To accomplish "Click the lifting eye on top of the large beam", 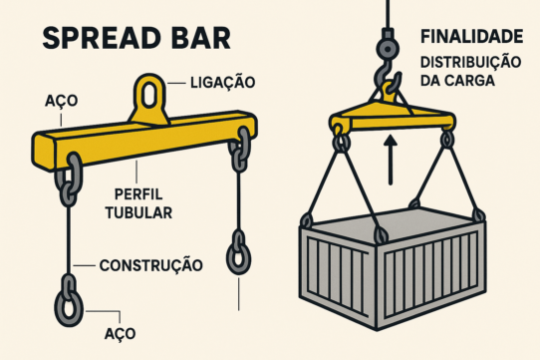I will [150, 98].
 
